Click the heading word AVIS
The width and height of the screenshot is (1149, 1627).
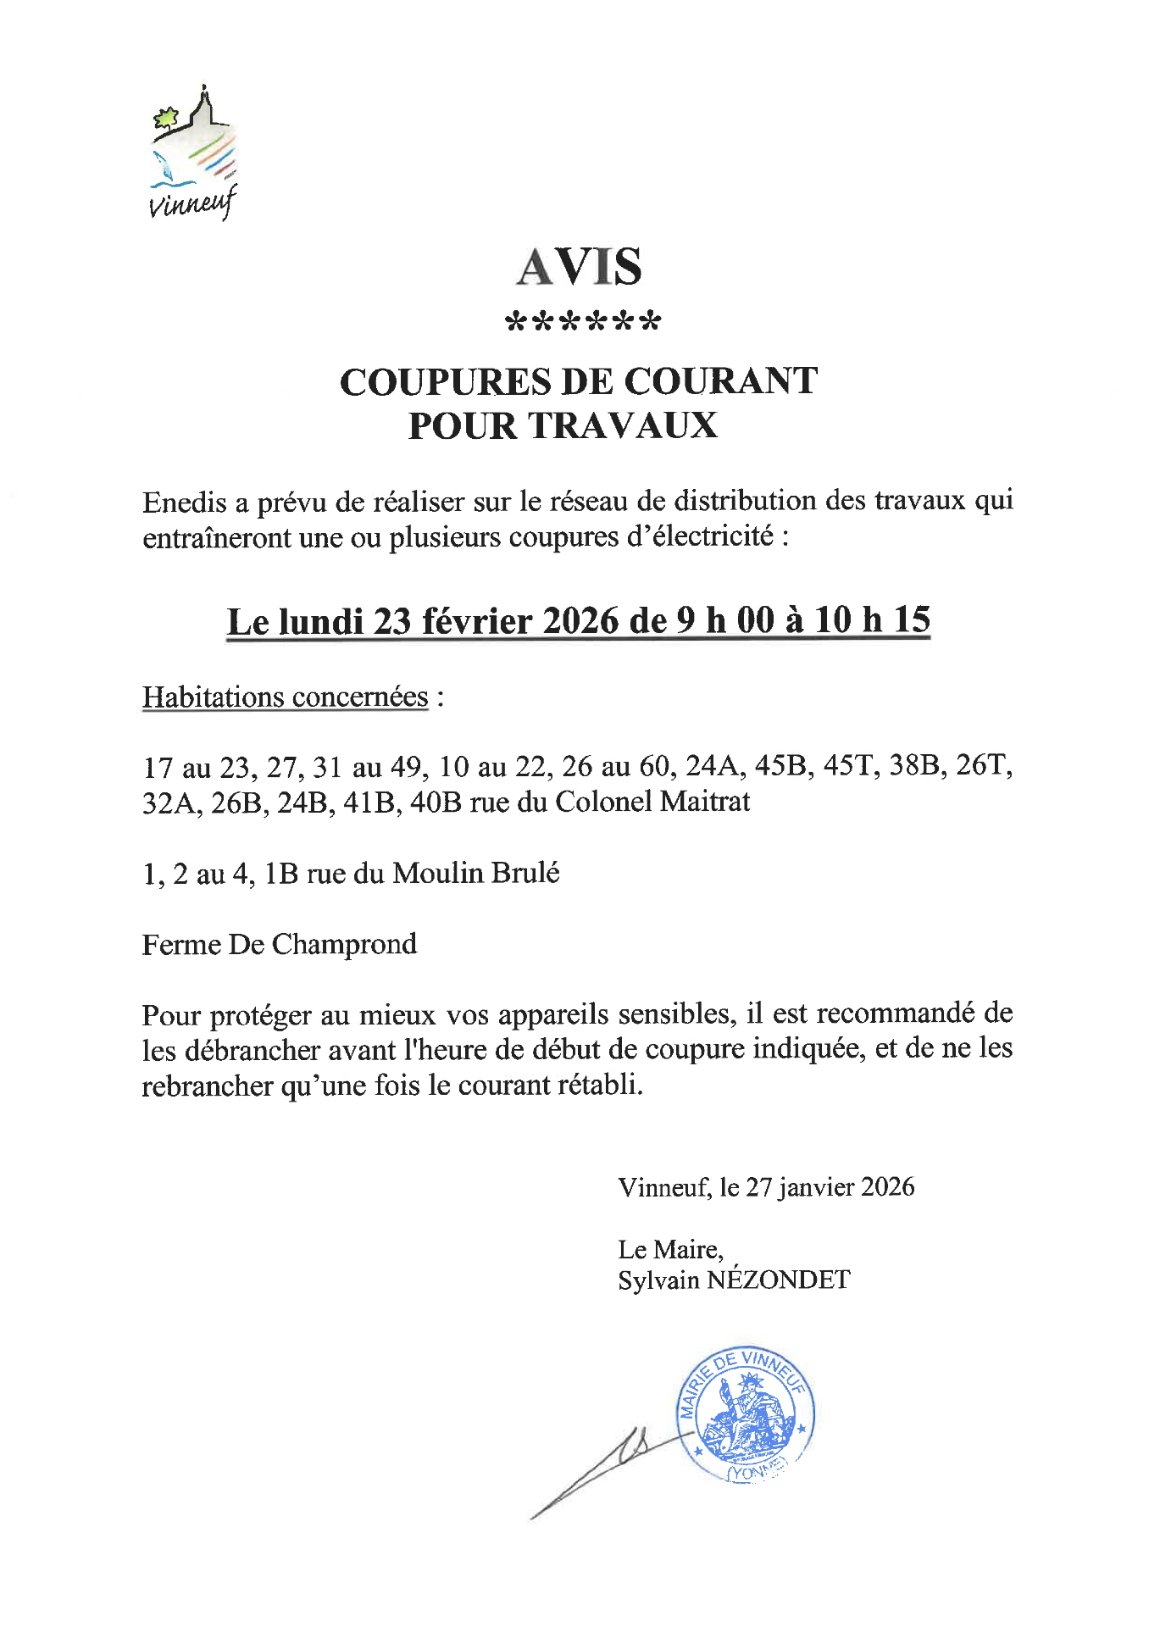pos(580,267)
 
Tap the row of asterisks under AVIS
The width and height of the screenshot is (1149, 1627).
pos(582,322)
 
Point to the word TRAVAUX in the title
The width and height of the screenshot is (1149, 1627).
pos(623,426)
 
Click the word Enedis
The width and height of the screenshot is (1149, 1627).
pos(185,503)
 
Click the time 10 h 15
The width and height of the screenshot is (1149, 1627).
pos(872,620)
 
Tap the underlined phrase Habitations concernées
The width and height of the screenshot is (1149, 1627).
pos(286,697)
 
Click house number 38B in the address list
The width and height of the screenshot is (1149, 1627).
pos(914,767)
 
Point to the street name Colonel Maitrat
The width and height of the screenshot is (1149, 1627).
pos(652,802)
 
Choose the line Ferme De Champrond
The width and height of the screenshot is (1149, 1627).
pos(280,944)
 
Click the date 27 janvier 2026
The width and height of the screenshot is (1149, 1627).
pos(830,1187)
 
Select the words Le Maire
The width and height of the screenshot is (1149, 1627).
pos(669,1249)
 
